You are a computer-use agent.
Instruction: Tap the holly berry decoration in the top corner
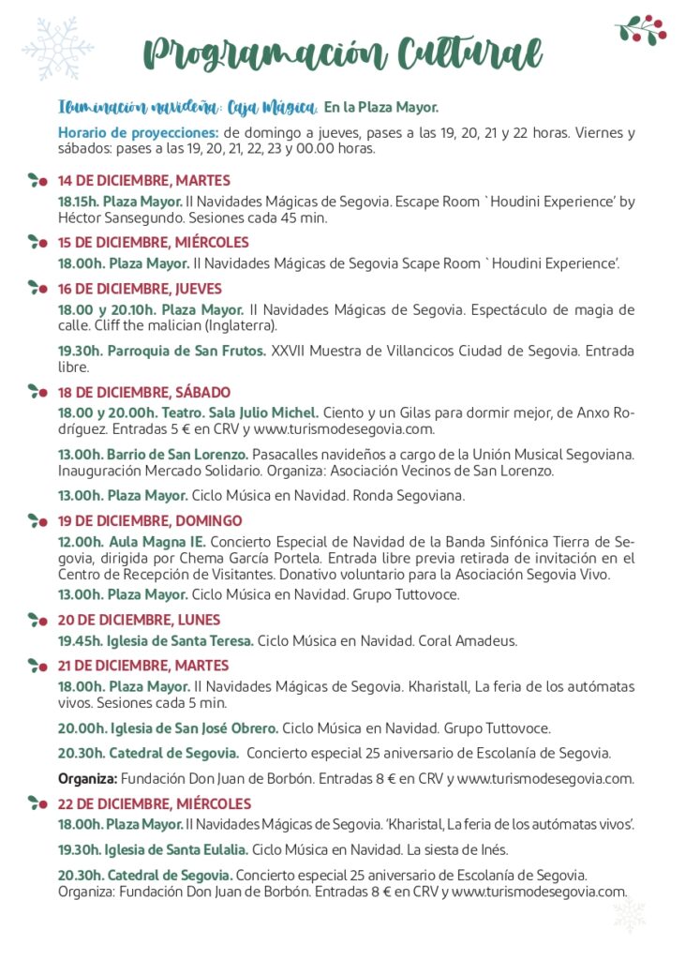click(642, 29)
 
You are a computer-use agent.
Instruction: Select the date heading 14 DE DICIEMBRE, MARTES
click(143, 181)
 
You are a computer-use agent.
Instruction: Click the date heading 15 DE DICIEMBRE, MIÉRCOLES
click(154, 242)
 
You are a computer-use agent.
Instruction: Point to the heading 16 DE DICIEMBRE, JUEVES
click(140, 289)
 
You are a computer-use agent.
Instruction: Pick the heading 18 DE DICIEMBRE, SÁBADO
click(143, 392)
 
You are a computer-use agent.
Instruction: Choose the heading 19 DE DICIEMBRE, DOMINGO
click(150, 520)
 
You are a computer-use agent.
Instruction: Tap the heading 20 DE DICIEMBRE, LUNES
click(139, 620)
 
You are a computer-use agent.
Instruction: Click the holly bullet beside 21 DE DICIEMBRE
click(37, 666)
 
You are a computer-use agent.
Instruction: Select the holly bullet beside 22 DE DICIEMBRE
click(37, 803)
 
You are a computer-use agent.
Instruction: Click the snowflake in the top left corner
click(57, 47)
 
